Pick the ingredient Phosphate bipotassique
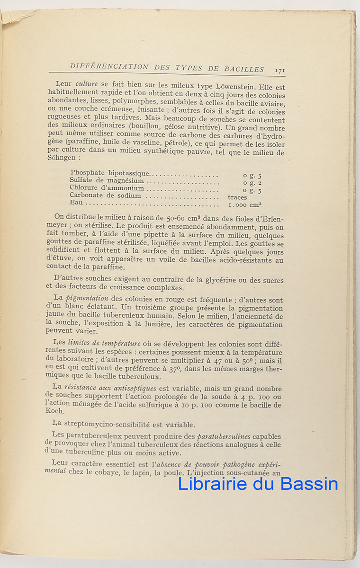109,173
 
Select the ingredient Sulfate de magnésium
107,181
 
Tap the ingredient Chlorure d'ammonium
107,188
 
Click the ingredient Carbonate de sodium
105,195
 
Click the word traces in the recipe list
237,197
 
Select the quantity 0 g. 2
252,183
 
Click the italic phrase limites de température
104,343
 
